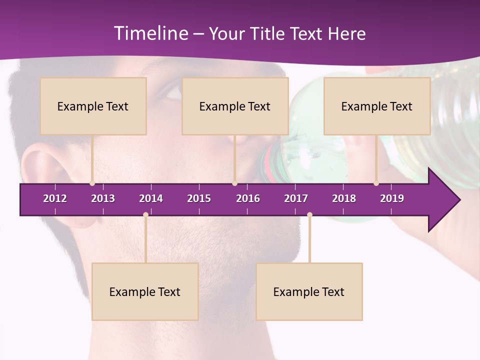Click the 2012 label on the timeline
coord(55,198)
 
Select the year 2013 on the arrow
coord(103,198)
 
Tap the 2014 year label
coord(151,198)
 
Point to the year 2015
coord(199,198)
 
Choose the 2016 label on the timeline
coord(248,198)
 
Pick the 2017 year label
coord(296,198)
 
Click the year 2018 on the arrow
coord(344,198)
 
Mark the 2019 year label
coord(392,198)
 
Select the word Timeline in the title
coord(150,33)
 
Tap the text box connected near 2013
coord(93,106)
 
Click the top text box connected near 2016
coord(235,106)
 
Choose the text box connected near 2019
coord(377,106)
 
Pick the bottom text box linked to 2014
coord(145,291)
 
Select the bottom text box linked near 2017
coord(309,291)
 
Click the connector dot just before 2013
coord(92,183)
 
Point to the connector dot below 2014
coord(145,215)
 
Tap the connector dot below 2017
coord(309,215)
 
